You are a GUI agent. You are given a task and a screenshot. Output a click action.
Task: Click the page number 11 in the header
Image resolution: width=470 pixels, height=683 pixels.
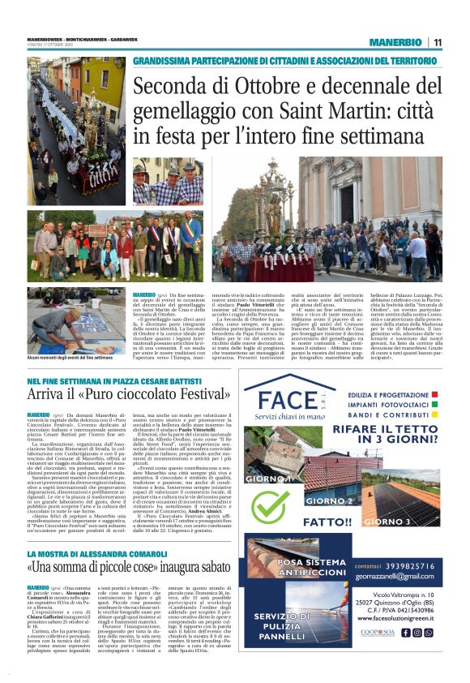tap(437, 42)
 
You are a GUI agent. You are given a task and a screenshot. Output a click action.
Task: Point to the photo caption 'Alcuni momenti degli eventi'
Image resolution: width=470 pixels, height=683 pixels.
tap(70, 357)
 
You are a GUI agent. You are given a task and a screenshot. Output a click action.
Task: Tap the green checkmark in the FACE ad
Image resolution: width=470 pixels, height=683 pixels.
tap(271, 505)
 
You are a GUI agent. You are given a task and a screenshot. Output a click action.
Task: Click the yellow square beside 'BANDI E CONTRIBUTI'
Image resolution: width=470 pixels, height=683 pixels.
tap(435, 414)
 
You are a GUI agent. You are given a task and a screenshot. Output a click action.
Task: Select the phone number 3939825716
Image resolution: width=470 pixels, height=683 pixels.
tap(417, 565)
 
